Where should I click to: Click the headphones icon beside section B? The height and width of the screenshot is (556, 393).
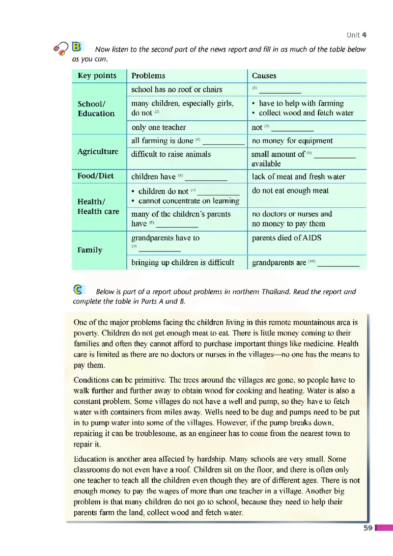(x=62, y=48)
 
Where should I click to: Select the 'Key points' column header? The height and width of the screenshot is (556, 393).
(x=97, y=76)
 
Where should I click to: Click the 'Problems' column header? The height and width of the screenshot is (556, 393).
(x=148, y=76)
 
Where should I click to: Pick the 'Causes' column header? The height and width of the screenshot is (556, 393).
(x=264, y=76)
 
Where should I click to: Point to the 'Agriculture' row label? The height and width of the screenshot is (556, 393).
(x=98, y=151)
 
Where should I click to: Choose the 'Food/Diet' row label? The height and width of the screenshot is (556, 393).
(x=96, y=176)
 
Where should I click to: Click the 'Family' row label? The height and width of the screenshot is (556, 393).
(x=90, y=250)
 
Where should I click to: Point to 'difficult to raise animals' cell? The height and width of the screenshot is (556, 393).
(x=171, y=154)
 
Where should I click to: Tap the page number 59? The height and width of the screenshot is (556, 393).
(x=367, y=528)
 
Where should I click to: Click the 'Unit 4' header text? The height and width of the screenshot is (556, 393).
(x=356, y=35)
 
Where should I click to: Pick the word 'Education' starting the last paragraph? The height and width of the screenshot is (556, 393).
(x=90, y=459)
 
